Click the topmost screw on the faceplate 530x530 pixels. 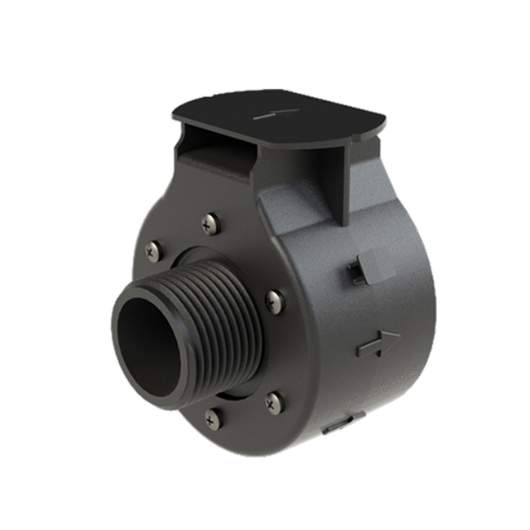coord(210,221)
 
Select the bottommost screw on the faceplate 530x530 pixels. coord(213,419)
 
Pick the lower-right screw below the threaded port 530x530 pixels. coord(275,401)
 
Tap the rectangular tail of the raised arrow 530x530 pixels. coord(367,349)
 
